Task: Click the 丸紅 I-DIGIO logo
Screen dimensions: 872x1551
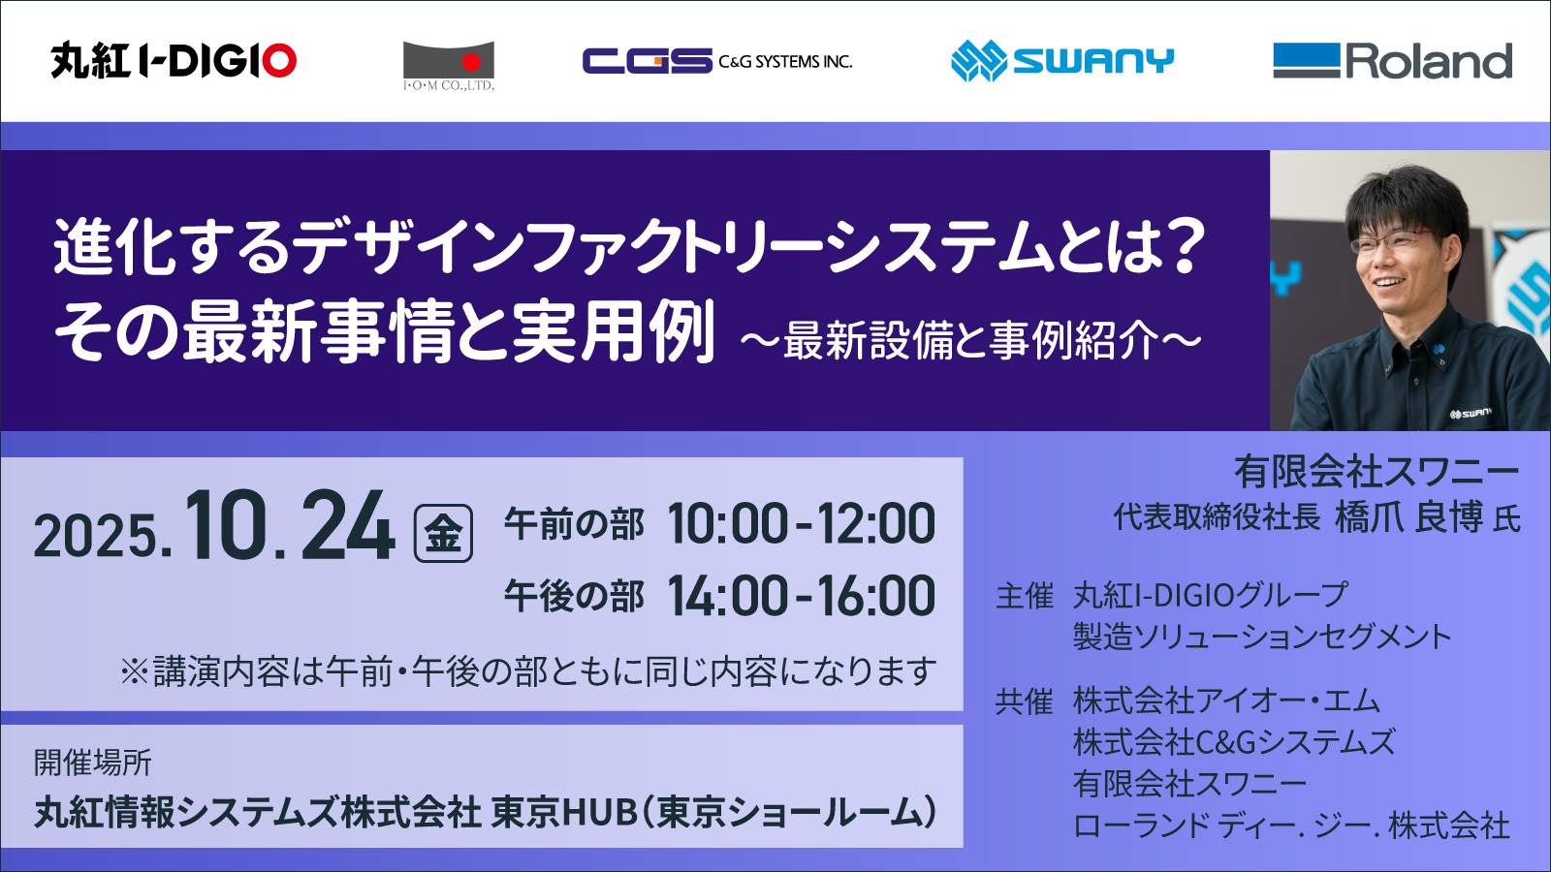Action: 174,61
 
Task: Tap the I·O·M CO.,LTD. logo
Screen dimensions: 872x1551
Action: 449,65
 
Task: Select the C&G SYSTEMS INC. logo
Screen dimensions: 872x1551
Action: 717,61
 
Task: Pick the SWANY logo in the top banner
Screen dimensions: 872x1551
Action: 1062,61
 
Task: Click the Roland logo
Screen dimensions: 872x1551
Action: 1392,61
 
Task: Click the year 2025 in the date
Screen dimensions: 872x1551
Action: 96,536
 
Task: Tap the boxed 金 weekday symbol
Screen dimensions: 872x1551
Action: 443,534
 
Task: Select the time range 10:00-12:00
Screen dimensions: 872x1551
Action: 801,524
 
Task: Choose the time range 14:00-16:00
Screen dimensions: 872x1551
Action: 801,596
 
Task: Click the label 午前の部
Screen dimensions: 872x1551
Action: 574,525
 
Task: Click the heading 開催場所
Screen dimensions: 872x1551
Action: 93,763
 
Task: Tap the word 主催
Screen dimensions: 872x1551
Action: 1024,596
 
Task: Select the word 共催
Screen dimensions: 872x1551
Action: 1024,701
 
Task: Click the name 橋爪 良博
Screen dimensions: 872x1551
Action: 1409,517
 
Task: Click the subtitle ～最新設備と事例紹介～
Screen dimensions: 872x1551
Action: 970,341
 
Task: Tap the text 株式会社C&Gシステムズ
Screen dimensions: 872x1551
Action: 1234,742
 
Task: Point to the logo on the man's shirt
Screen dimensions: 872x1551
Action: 1470,414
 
